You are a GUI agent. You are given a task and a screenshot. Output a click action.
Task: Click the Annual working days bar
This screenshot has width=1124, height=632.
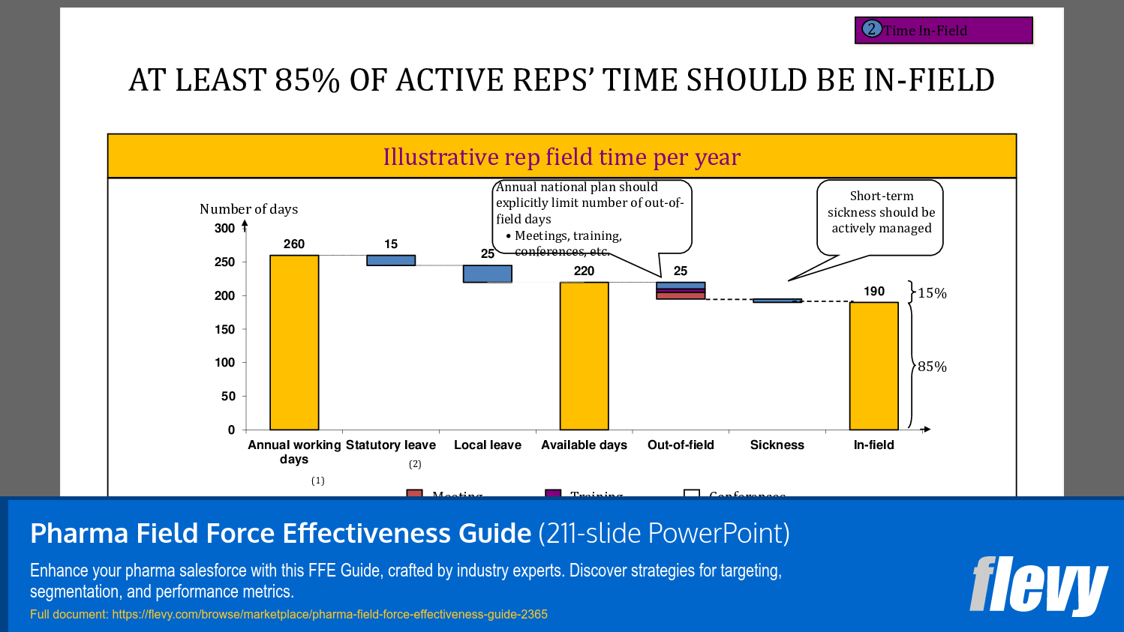pos(294,343)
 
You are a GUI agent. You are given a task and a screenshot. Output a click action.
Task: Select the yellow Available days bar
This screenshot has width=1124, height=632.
pos(584,356)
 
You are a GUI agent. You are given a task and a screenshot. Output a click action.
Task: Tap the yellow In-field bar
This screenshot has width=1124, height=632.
pos(873,366)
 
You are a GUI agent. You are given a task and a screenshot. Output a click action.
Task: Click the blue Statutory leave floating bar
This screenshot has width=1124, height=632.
pos(391,260)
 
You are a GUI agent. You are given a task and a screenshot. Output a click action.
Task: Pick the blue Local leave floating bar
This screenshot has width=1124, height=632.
pos(488,274)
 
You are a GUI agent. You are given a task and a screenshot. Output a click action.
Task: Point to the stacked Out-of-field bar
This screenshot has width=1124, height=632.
pos(681,291)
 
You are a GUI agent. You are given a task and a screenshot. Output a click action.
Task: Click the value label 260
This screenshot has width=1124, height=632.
pos(294,244)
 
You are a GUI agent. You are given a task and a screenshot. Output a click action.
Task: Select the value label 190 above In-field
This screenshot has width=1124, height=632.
pos(873,291)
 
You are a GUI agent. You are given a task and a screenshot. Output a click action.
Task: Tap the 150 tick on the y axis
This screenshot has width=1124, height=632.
pos(224,329)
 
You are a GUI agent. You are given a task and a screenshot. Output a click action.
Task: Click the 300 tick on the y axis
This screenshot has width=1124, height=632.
pos(224,228)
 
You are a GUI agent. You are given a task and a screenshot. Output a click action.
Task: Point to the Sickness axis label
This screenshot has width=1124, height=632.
pos(777,445)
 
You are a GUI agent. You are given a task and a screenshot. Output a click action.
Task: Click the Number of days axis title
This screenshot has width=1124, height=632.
pos(248,209)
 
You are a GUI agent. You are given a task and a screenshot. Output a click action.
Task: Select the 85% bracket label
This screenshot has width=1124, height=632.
pos(932,367)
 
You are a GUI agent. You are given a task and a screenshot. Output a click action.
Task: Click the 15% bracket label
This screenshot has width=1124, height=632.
pos(932,293)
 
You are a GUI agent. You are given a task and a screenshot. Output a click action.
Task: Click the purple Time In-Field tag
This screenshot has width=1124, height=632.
pos(943,31)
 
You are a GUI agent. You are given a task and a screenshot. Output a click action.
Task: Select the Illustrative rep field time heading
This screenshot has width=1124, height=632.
pos(561,157)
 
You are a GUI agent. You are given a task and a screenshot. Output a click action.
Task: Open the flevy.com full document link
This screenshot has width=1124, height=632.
pos(329,614)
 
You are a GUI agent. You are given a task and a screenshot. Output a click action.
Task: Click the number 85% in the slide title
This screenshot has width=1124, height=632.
pos(308,80)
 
